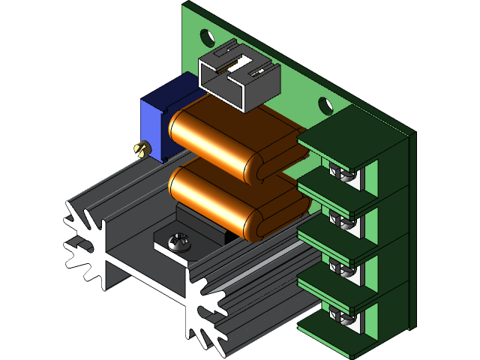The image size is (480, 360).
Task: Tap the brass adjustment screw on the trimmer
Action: (x=139, y=149)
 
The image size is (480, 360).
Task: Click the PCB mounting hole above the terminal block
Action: (x=325, y=106)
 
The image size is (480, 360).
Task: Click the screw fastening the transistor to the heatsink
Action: (x=178, y=241)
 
